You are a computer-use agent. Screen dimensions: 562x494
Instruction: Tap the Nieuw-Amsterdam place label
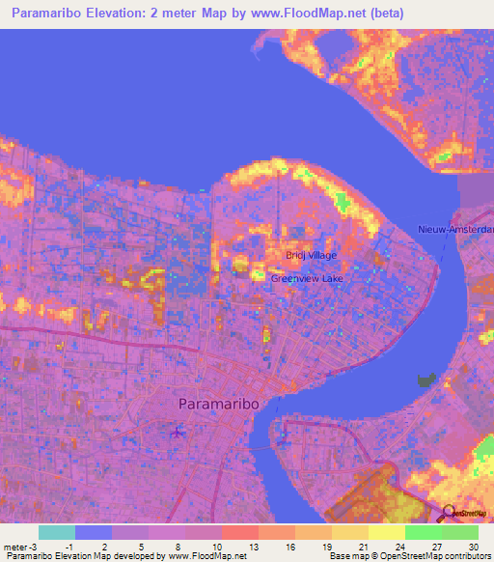pyautogui.click(x=455, y=229)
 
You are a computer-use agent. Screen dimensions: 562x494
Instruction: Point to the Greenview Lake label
pyautogui.click(x=306, y=278)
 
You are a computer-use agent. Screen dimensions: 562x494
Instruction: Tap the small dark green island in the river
pyautogui.click(x=425, y=379)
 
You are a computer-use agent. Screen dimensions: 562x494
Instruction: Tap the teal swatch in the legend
pyautogui.click(x=57, y=532)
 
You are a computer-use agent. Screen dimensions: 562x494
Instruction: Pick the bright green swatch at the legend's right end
pyautogui.click(x=460, y=532)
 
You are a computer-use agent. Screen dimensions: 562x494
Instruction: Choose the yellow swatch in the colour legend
pyautogui.click(x=387, y=532)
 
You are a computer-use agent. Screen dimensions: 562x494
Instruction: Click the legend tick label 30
pyautogui.click(x=472, y=546)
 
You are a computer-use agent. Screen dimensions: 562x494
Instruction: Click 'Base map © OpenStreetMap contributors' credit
pyautogui.click(x=408, y=556)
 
